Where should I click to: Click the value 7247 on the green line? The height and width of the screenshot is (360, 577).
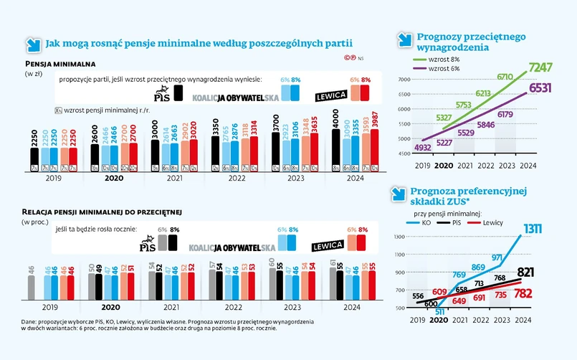tap(542, 69)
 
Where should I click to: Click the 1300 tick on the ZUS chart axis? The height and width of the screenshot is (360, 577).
tap(400, 236)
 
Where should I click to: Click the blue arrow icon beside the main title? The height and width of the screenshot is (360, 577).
tap(33, 44)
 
